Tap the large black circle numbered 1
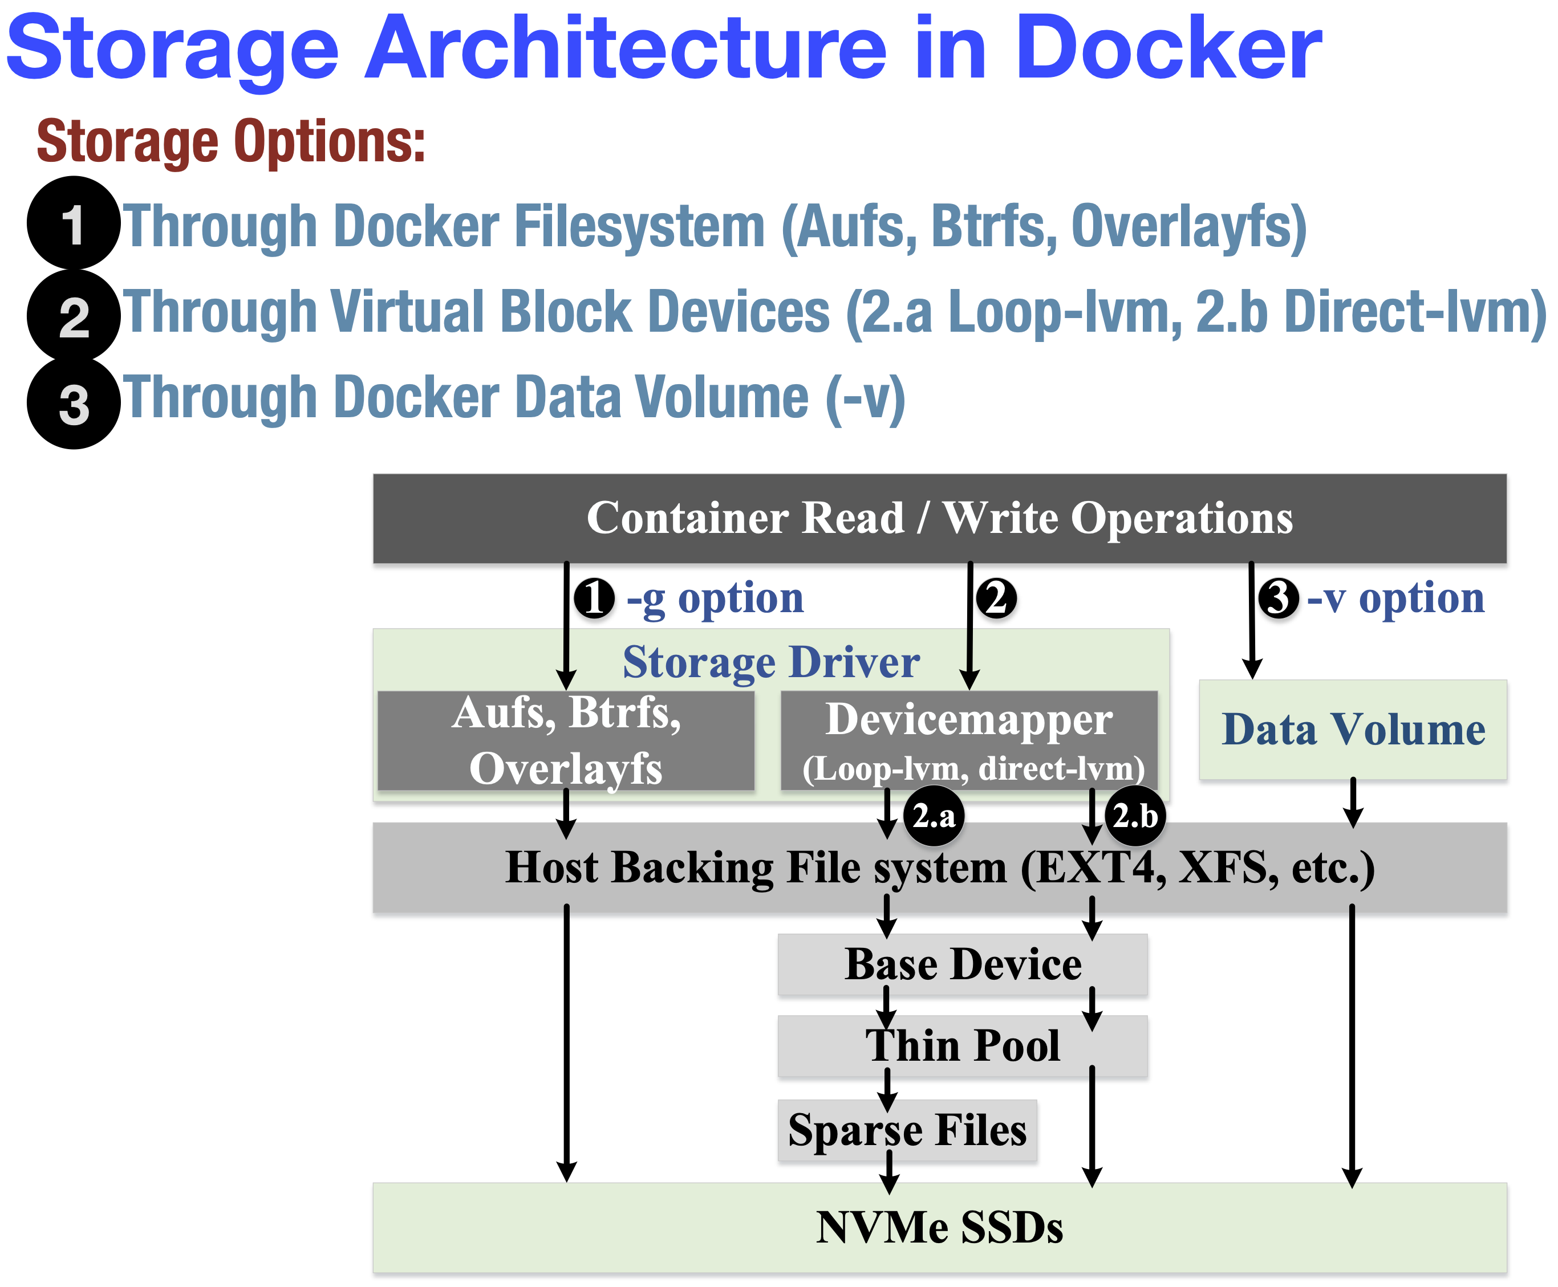74,222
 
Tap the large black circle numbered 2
74,316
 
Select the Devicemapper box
968,740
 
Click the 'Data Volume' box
1353,730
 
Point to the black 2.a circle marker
934,816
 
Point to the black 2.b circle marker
1135,816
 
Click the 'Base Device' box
962,964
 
